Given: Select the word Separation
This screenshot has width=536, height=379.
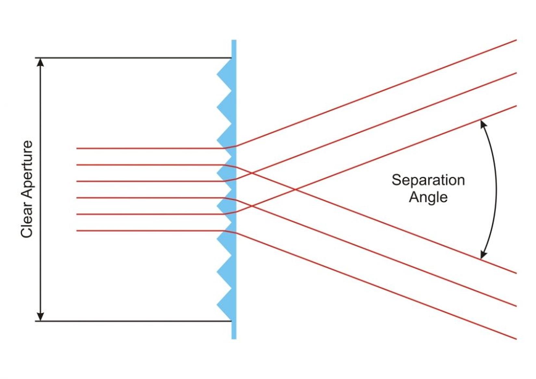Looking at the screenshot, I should click(x=428, y=180).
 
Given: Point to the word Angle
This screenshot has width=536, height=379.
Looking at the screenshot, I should click(x=428, y=197).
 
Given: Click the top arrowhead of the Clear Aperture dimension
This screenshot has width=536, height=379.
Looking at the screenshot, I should click(x=40, y=62).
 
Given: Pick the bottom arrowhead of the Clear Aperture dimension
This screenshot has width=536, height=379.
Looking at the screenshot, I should click(x=40, y=317).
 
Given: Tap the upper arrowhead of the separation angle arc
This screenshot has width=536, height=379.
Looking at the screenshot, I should click(x=483, y=124).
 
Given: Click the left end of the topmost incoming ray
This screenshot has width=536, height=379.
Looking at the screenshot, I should click(x=77, y=148).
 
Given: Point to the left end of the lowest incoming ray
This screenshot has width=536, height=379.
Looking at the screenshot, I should click(x=77, y=231).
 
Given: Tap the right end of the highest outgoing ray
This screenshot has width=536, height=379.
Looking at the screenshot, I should click(x=516, y=40).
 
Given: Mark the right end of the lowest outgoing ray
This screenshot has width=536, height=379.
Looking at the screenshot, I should click(x=516, y=339).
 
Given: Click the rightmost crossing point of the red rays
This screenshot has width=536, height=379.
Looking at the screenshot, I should click(x=295, y=189).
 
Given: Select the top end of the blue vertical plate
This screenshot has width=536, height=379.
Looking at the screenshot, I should click(x=234, y=41).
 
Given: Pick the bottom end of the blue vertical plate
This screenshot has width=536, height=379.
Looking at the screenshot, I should click(x=234, y=338).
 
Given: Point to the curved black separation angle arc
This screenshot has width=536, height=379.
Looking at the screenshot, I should click(x=496, y=190).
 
